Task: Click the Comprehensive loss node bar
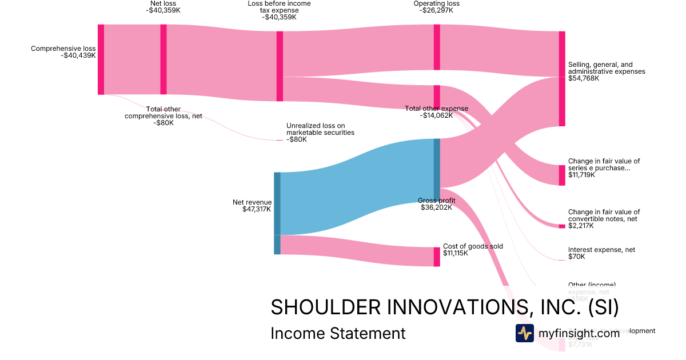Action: pos(101,59)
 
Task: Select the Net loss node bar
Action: pos(163,59)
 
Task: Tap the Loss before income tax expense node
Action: pos(280,66)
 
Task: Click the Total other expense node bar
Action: pos(437,97)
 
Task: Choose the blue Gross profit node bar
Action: pos(437,169)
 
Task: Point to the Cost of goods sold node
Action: pos(437,257)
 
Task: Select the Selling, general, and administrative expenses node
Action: pos(562,79)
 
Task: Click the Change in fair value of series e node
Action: pos(562,175)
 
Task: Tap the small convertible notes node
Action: pos(562,226)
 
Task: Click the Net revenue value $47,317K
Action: pos(257,209)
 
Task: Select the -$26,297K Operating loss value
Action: pos(436,10)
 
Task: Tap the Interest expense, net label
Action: pos(601,250)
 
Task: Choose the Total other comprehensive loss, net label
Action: pos(163,115)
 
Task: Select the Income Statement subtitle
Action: pos(338,333)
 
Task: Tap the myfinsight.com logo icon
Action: pos(524,333)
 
